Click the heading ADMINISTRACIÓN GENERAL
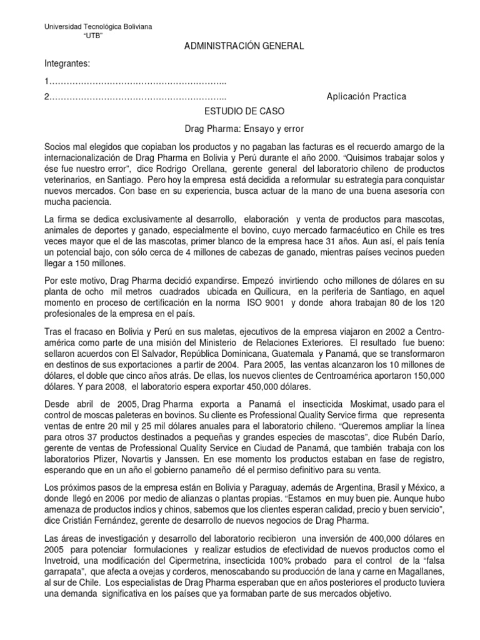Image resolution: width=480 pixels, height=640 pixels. tap(234, 46)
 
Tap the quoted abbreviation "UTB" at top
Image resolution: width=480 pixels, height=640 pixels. tap(92, 36)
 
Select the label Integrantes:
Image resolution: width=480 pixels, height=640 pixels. tap(67, 64)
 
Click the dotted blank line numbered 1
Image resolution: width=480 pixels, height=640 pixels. tap(135, 82)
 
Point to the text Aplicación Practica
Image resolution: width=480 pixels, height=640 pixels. tap(366, 96)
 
